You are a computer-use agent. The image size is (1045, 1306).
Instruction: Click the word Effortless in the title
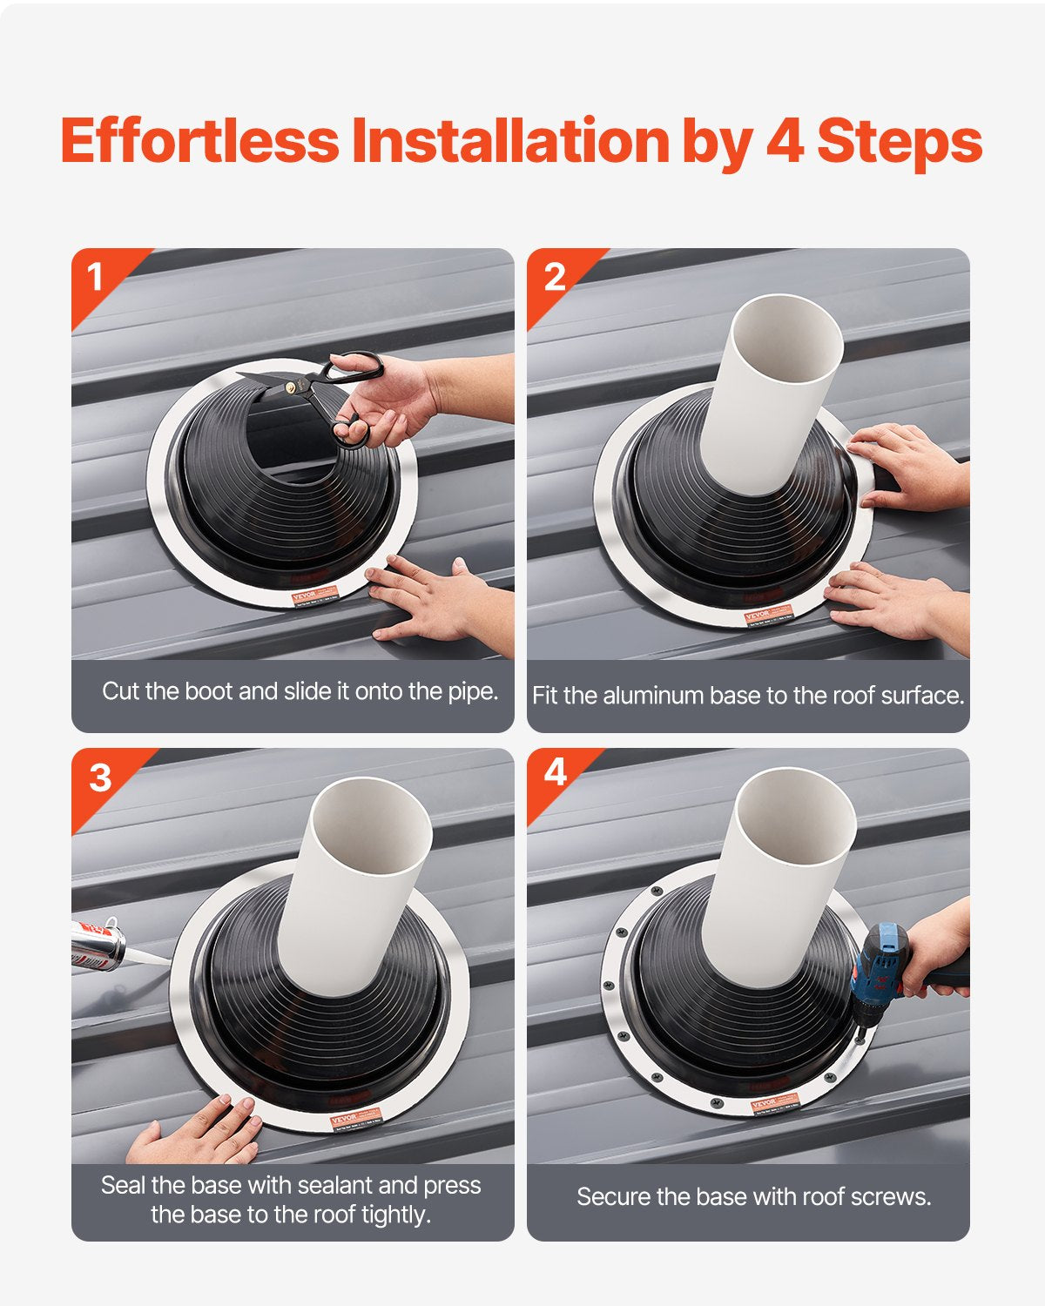pyautogui.click(x=199, y=141)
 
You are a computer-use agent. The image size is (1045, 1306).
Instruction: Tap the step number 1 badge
pyautogui.click(x=95, y=278)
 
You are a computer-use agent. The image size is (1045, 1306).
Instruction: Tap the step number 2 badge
pyautogui.click(x=554, y=278)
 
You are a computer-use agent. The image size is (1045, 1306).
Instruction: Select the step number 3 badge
pyautogui.click(x=100, y=778)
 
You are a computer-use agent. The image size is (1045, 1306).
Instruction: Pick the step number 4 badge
pyautogui.click(x=556, y=772)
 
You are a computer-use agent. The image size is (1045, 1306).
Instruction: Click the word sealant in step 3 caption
pyautogui.click(x=335, y=1185)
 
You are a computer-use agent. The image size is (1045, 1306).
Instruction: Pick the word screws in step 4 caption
pyautogui.click(x=888, y=1197)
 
